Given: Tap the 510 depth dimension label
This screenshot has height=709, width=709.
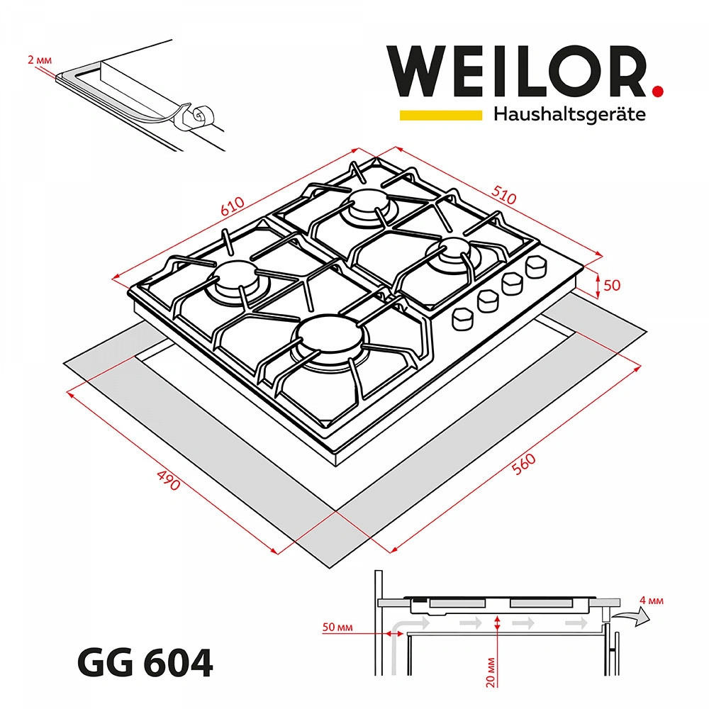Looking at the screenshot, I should tap(503, 195).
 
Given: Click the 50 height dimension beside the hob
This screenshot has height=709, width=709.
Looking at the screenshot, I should tap(612, 286).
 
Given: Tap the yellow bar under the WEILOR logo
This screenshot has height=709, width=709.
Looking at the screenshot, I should tap(442, 114).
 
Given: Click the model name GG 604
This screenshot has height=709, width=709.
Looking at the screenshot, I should tap(144, 664).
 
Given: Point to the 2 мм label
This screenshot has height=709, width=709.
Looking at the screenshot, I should tap(38, 61).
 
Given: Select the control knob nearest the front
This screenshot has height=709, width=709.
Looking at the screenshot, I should tap(463, 318).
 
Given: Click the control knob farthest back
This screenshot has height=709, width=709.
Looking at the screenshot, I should tap(536, 267).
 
